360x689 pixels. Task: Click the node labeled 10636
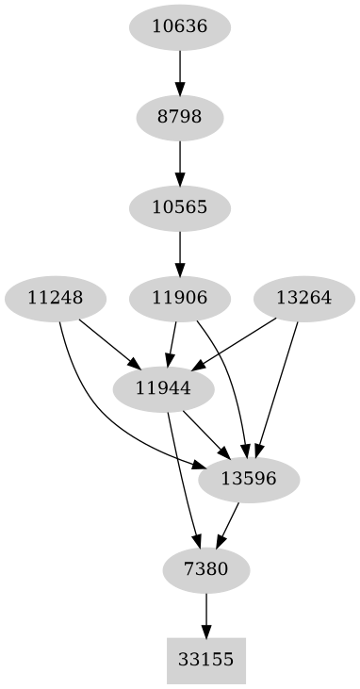(x=179, y=26)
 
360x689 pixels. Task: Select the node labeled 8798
(x=179, y=118)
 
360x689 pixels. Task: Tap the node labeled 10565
(x=179, y=206)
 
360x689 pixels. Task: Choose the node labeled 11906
(x=179, y=299)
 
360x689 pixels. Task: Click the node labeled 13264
(x=303, y=299)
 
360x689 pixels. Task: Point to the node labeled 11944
(x=163, y=387)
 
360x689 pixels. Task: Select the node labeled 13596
(x=249, y=479)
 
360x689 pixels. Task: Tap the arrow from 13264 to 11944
(x=236, y=343)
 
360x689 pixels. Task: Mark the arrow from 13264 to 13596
(x=278, y=386)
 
